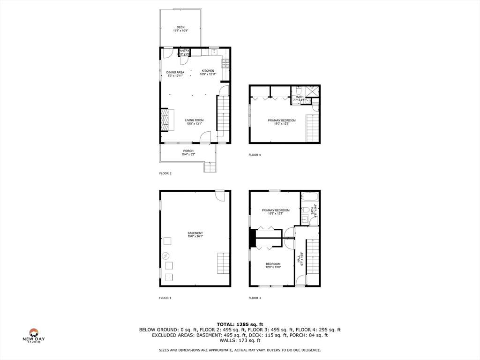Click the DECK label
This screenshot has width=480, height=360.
pos(180,27)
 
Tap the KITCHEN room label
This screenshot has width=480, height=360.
pos(208,71)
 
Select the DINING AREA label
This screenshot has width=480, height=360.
pos(175,72)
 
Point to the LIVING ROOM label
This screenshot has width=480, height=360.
pos(194,120)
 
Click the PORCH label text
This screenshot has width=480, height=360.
pos(188,151)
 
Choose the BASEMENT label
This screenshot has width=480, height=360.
pos(195,233)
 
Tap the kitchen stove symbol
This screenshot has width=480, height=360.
pos(225,63)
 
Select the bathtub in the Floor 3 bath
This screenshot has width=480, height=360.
pos(309,197)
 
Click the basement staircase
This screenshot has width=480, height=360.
pos(224,263)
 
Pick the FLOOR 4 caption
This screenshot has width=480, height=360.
pos(255,155)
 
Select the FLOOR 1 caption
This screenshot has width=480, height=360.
pos(165,298)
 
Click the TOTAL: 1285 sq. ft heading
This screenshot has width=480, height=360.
pos(240,324)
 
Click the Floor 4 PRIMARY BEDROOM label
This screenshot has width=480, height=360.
pos(282,120)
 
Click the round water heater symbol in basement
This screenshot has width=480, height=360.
pos(166,256)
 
